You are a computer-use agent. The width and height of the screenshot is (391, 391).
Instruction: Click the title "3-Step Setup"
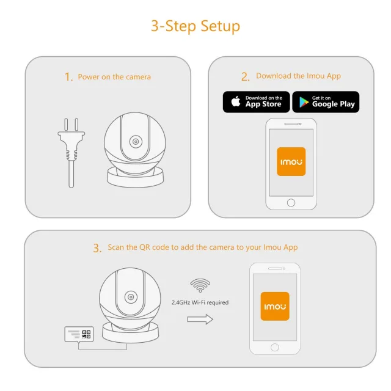[x=195, y=26]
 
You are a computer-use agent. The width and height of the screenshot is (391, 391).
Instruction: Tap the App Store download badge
[x=256, y=101]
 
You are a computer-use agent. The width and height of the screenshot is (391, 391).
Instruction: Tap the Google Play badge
[x=326, y=101]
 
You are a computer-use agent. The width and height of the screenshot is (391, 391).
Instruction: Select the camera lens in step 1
[x=134, y=141]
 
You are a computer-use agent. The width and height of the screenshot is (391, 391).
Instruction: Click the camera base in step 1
[x=135, y=178]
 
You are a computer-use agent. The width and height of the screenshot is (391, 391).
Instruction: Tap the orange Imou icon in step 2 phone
[x=291, y=161]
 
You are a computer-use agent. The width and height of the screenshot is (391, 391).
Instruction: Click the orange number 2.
[x=245, y=76]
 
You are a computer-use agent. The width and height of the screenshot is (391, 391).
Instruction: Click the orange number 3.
[x=97, y=248]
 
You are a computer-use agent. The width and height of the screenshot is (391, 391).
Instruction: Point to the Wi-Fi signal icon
[x=200, y=285]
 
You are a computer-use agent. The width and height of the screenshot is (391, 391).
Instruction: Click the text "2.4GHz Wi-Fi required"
[x=200, y=302]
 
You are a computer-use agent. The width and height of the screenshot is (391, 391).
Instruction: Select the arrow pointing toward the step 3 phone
[x=200, y=319]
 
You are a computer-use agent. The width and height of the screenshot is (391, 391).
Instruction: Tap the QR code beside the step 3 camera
[x=86, y=334]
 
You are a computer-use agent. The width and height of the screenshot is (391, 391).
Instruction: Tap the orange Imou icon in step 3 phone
[x=274, y=306]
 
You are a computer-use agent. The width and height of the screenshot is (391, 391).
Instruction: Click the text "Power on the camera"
[x=114, y=77]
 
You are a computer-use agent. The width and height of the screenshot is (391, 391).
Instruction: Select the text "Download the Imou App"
[x=298, y=76]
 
